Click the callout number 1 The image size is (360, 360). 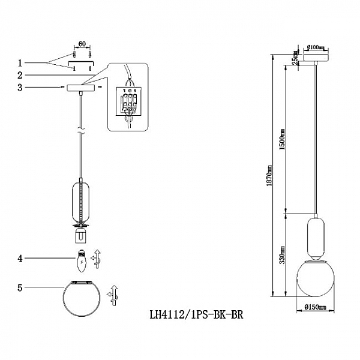pos(20,62)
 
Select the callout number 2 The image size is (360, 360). pos(20,75)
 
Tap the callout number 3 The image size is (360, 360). pos(20,88)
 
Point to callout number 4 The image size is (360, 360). pos(20,259)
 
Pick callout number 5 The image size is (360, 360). pos(20,288)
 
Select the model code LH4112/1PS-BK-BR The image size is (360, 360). pos(196,313)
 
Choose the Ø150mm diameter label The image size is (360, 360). pos(314,307)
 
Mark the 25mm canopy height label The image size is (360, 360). pos(295,61)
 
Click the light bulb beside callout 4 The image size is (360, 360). pos(80,259)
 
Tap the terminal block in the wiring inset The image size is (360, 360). pos(129,103)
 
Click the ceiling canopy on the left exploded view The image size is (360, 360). pos(80,88)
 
